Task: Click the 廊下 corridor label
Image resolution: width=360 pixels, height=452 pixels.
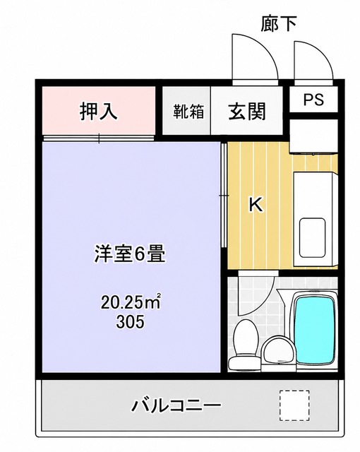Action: pyautogui.click(x=279, y=24)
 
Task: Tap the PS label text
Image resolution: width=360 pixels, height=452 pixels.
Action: pyautogui.click(x=313, y=99)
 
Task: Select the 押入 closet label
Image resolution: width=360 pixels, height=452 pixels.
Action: pyautogui.click(x=99, y=111)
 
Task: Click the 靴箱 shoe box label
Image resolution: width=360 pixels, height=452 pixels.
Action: pyautogui.click(x=188, y=112)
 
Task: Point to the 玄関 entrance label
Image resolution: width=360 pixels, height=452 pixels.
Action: pyautogui.click(x=247, y=111)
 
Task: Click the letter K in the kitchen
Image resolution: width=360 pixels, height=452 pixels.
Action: pyautogui.click(x=256, y=204)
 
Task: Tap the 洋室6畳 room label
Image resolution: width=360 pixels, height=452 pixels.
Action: pyautogui.click(x=130, y=254)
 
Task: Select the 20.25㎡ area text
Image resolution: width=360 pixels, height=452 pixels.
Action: pyautogui.click(x=130, y=303)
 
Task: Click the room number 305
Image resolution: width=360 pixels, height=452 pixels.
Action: pyautogui.click(x=130, y=321)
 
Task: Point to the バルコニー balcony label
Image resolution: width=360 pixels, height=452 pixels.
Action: pyautogui.click(x=176, y=405)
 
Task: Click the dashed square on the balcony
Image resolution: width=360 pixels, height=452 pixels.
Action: pyautogui.click(x=294, y=405)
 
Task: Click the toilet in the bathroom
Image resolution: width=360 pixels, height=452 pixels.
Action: pyautogui.click(x=245, y=345)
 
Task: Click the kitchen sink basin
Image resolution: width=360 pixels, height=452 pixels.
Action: pyautogui.click(x=312, y=237)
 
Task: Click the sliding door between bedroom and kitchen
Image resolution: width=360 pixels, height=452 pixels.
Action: pyautogui.click(x=224, y=195)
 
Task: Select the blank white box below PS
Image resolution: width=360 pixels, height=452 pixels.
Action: pyautogui.click(x=313, y=136)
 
